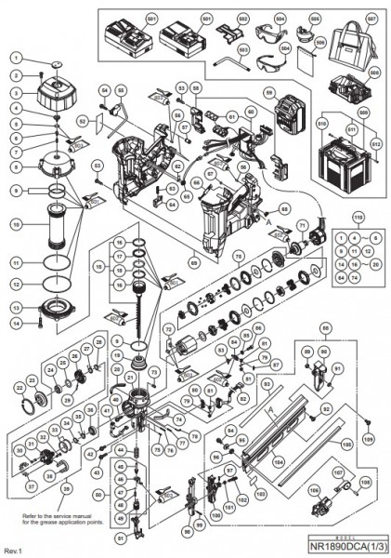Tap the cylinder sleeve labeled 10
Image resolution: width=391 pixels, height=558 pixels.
56,225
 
